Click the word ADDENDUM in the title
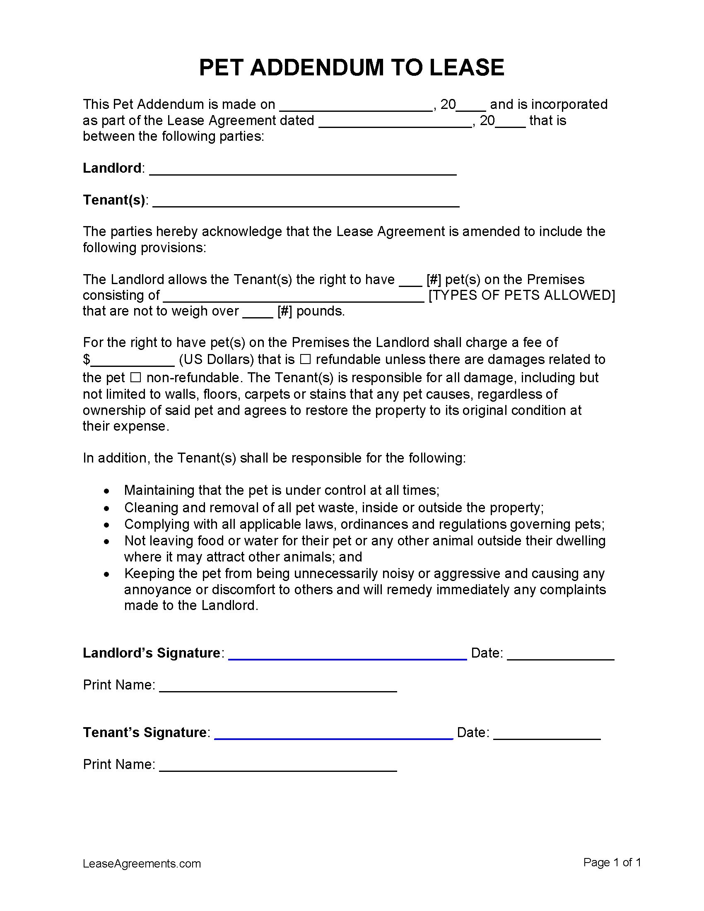click(316, 67)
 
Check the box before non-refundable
click(135, 378)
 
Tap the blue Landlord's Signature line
click(347, 658)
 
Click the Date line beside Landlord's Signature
click(561, 658)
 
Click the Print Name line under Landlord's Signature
click(278, 690)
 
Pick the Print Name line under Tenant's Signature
click(278, 770)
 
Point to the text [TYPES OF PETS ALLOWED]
click(522, 295)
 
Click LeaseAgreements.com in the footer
click(142, 863)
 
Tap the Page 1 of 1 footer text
click(612, 862)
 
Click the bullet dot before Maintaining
click(107, 492)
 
